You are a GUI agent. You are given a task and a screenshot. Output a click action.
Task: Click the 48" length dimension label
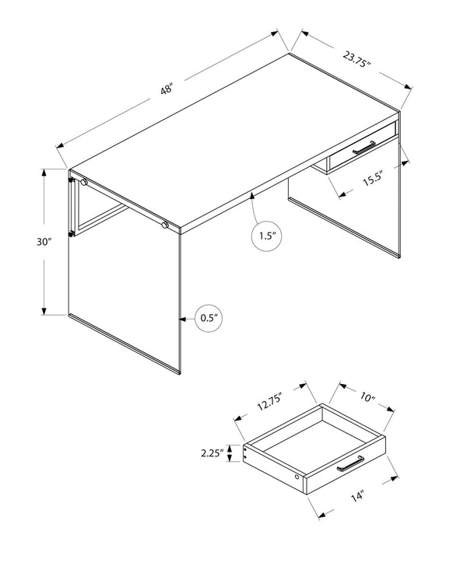point(166,89)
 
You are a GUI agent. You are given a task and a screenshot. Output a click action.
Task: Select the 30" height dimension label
point(44,242)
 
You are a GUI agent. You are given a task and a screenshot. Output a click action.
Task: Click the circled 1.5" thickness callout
point(266,236)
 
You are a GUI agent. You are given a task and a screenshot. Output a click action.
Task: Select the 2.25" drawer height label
point(212,452)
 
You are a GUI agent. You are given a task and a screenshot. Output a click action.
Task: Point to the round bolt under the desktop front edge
point(165,225)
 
